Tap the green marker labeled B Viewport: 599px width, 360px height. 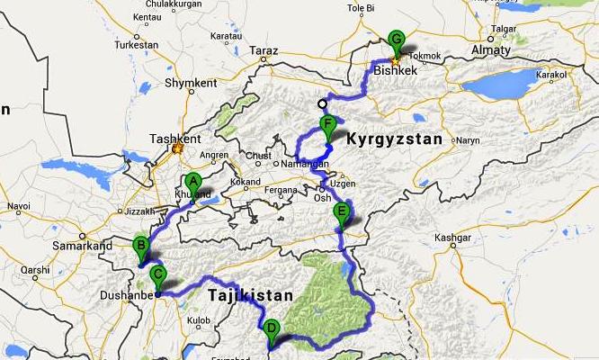coord(140,246)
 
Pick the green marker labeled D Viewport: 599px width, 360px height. coord(272,330)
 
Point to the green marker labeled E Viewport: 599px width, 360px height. coord(340,214)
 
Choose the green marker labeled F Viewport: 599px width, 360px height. coord(328,126)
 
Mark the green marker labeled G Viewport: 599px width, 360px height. coord(396,40)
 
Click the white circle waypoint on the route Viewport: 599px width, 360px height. coord(322,103)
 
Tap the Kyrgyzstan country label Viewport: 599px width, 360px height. coord(396,139)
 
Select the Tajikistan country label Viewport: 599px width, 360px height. coord(251,295)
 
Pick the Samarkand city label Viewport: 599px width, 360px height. coord(82,245)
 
